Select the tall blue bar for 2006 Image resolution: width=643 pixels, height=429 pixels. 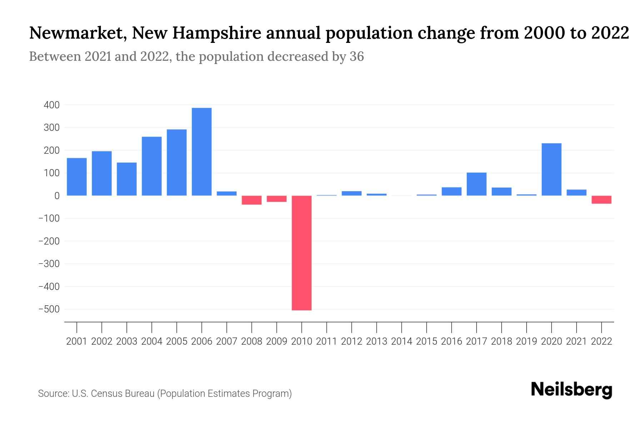click(x=201, y=152)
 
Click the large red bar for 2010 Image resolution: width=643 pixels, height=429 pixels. click(x=301, y=253)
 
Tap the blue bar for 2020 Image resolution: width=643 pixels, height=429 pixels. click(x=551, y=169)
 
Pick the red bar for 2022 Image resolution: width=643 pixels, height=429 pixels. click(x=601, y=199)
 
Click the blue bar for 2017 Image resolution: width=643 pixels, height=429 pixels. click(x=476, y=184)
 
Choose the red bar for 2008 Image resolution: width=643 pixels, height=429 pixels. click(x=251, y=200)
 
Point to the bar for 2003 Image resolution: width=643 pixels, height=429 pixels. click(x=126, y=179)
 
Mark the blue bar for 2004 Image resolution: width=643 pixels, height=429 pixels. click(x=151, y=166)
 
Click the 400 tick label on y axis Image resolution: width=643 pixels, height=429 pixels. click(x=51, y=105)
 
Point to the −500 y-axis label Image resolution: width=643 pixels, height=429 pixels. click(x=49, y=309)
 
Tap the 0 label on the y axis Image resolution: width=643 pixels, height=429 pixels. click(x=56, y=196)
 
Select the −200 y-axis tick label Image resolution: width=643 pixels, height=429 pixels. click(x=49, y=241)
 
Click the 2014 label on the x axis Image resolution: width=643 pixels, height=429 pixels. click(x=402, y=341)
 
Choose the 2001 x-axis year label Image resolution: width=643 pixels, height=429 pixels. click(x=77, y=341)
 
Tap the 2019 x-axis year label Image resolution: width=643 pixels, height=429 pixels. click(x=527, y=341)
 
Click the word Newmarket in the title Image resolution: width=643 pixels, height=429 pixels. click(x=76, y=33)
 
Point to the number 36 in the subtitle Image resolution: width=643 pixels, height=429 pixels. click(x=357, y=56)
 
